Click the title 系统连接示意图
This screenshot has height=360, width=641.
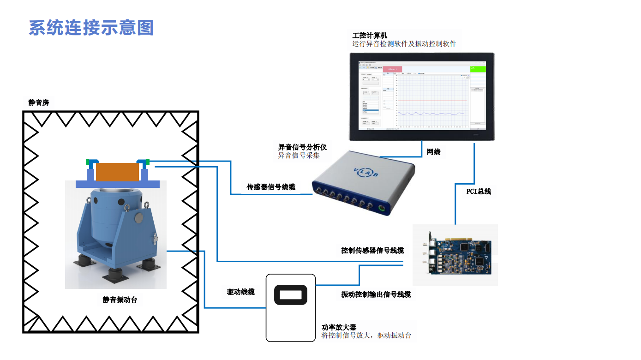[x=91, y=28]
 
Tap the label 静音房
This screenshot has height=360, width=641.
[x=38, y=102]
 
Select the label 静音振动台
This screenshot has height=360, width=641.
[x=120, y=300]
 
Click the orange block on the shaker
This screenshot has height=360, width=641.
[x=117, y=172]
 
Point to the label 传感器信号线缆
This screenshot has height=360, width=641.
[x=271, y=187]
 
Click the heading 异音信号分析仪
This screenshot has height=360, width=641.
[x=302, y=147]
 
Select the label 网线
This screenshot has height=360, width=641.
[x=434, y=151]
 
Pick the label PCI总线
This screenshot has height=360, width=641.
[x=479, y=191]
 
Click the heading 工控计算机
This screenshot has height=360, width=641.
[x=370, y=35]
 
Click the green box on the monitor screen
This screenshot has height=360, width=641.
[x=478, y=69]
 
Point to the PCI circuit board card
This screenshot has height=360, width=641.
[x=461, y=255]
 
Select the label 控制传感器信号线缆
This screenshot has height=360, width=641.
[x=372, y=250]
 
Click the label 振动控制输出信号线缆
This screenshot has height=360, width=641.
[x=376, y=294]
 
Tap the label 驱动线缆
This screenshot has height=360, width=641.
[x=240, y=292]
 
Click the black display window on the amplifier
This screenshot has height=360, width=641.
[x=291, y=294]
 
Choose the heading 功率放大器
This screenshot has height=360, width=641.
[x=339, y=327]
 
